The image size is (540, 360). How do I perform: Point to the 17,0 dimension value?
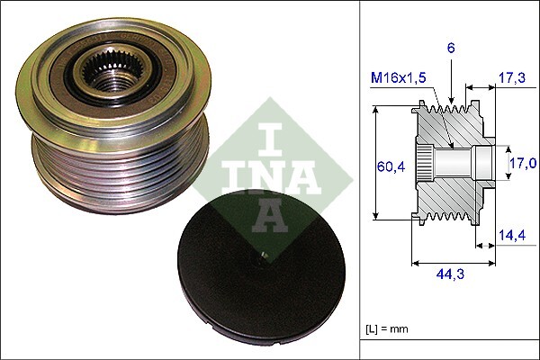click(x=522, y=163)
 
